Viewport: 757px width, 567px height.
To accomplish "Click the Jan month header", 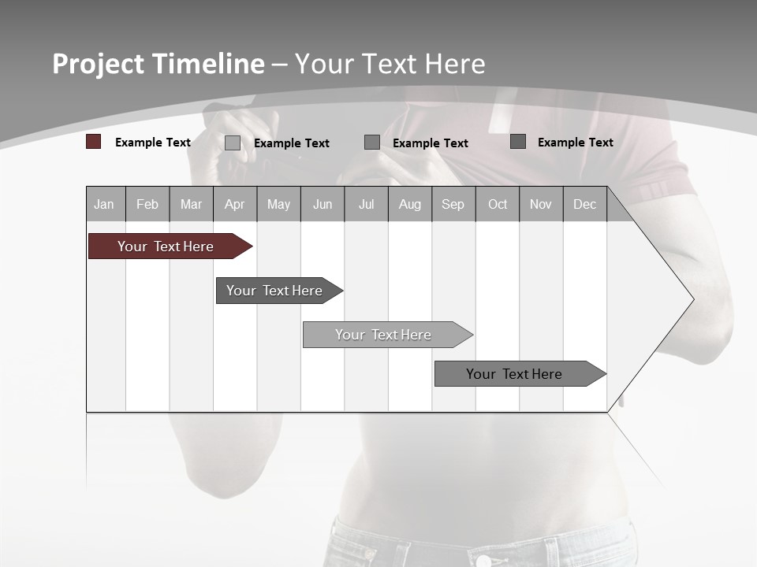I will tap(104, 205).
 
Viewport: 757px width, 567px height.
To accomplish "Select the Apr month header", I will tap(234, 205).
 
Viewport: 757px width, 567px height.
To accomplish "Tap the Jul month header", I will tap(366, 205).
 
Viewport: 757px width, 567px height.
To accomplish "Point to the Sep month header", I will tap(453, 205).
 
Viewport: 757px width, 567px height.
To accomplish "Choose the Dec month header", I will tap(584, 205).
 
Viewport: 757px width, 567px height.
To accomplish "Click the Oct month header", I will tap(498, 205).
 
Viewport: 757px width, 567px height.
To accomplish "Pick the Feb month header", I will tap(147, 205).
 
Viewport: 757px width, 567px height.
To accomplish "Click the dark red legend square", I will tap(94, 142).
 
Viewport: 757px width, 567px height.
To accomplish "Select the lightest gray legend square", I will tap(233, 143).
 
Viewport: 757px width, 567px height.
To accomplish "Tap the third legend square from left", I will tap(372, 142).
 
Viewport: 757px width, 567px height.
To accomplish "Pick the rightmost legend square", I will tap(518, 141).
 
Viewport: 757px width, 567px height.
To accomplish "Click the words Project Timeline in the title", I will tap(158, 64).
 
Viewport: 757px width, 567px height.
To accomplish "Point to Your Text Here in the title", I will tap(390, 64).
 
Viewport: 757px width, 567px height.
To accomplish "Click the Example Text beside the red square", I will tap(153, 143).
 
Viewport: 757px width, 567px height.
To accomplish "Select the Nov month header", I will tap(541, 205).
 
